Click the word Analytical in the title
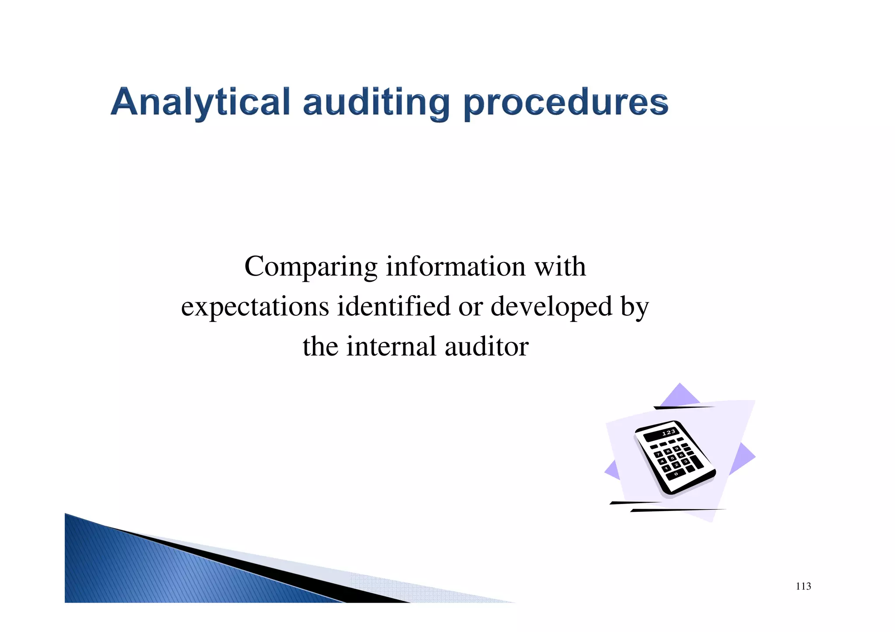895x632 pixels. pyautogui.click(x=200, y=103)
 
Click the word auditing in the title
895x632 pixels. pyautogui.click(x=376, y=103)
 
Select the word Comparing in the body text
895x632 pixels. pyautogui.click(x=311, y=267)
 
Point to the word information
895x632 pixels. pyautogui.click(x=455, y=266)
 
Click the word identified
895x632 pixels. pyautogui.click(x=393, y=306)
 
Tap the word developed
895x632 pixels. pyautogui.click(x=551, y=306)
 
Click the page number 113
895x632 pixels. pyautogui.click(x=803, y=586)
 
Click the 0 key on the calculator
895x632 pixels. pyautogui.click(x=676, y=474)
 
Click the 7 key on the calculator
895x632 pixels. pyautogui.click(x=658, y=455)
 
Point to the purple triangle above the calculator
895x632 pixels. pyautogui.click(x=680, y=394)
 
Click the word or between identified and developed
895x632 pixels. pyautogui.click(x=470, y=307)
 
